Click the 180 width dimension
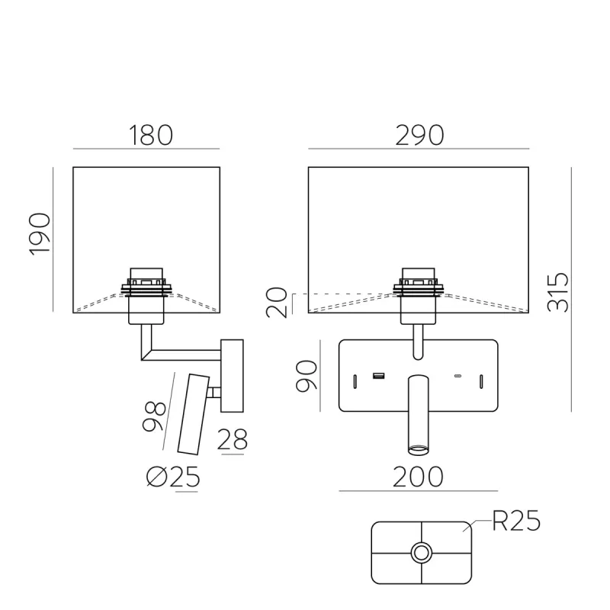(x=150, y=136)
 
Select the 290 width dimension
(x=419, y=136)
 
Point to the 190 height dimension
(x=40, y=234)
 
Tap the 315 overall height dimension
(x=557, y=292)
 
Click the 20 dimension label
(x=277, y=302)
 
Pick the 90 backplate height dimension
(x=307, y=375)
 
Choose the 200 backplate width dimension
(x=418, y=477)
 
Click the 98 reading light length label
(x=155, y=416)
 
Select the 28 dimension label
(x=233, y=440)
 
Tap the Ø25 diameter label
(x=173, y=477)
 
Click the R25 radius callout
(x=517, y=521)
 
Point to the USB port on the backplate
(x=378, y=376)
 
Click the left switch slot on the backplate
(x=355, y=381)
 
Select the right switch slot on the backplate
(x=481, y=381)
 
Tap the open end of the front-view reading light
(x=418, y=451)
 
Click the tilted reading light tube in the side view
(x=194, y=414)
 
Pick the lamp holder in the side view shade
(x=146, y=296)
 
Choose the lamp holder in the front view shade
(x=419, y=296)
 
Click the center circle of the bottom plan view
(x=422, y=552)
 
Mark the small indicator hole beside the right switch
(x=458, y=376)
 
